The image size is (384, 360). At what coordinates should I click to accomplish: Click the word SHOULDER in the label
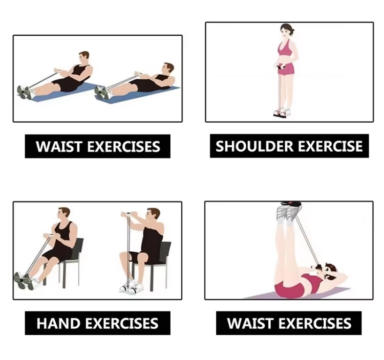tap(254, 146)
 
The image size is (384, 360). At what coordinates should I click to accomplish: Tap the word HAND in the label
tap(57, 323)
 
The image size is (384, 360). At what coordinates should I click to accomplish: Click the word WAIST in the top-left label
tap(58, 146)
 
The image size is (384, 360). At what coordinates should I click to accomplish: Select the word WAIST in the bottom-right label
tap(250, 323)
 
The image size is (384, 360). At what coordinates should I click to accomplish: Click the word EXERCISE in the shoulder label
tap(330, 146)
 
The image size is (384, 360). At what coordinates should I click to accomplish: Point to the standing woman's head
tap(287, 31)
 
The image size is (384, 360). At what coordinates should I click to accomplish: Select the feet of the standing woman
tap(282, 112)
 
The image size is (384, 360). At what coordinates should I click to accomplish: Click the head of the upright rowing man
tap(84, 58)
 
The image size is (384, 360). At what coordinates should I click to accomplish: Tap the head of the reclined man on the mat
tap(168, 69)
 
